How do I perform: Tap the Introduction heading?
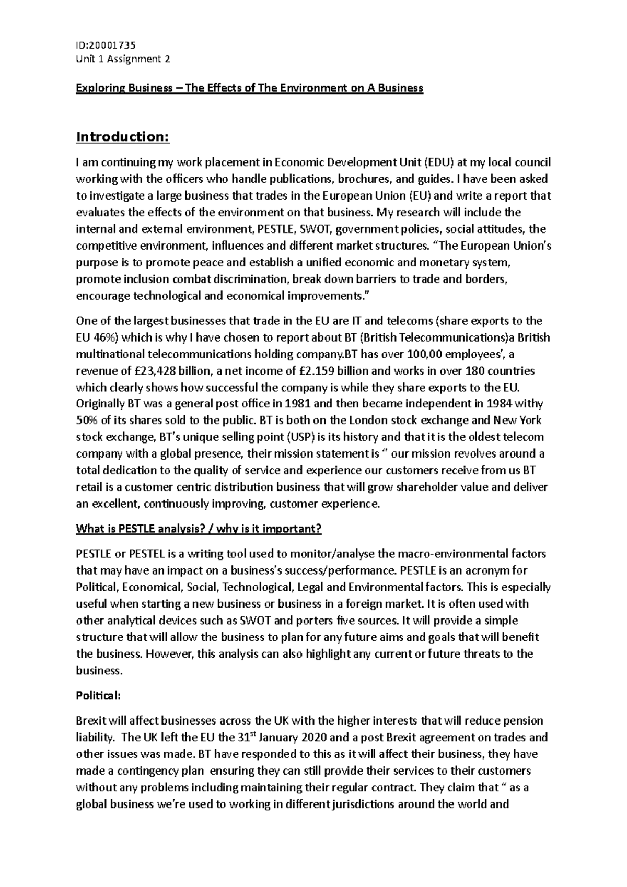[123, 137]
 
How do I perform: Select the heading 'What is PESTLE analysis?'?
[140, 529]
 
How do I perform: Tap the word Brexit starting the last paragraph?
[91, 721]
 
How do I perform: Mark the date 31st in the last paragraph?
[201, 738]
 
